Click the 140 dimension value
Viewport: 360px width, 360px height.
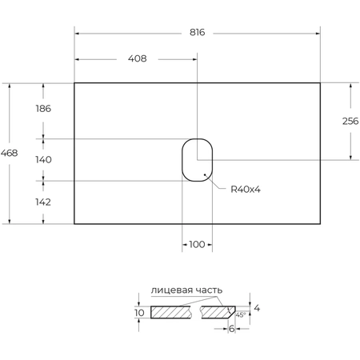43,159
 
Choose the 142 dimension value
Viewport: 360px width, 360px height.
43,202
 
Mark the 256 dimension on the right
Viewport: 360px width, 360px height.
350,121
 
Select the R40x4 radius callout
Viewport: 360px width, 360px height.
246,190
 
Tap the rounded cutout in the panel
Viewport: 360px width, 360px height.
197,159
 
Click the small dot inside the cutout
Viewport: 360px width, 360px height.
206,174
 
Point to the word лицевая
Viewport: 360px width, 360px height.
169,290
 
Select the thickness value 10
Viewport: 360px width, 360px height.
139,313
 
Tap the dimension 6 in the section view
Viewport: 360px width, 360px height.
232,329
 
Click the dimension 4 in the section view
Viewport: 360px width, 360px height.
256,307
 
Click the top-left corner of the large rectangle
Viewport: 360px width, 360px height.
74,82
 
